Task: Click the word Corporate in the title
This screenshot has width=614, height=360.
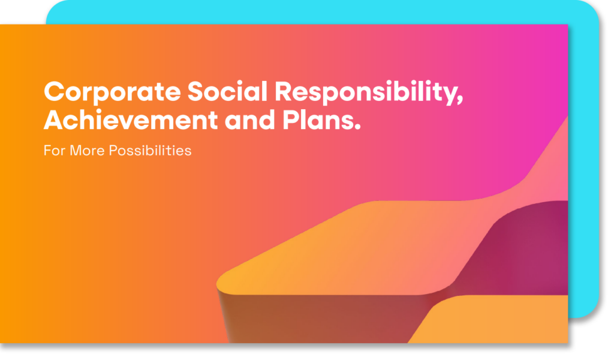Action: (112, 93)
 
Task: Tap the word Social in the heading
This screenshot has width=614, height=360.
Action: (227, 91)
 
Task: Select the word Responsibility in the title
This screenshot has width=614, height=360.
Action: (366, 93)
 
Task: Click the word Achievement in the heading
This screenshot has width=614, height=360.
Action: (131, 119)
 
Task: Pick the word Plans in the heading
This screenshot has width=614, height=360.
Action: (318, 119)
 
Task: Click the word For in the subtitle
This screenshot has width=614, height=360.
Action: (54, 151)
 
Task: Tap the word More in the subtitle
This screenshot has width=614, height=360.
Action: (87, 151)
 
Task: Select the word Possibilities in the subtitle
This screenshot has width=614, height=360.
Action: (150, 151)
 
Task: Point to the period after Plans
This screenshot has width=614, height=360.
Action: (357, 127)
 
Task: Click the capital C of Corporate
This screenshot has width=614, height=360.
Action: (54, 91)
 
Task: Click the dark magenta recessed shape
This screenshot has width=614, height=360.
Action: (525, 251)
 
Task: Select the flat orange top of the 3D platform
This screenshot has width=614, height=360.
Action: (353, 247)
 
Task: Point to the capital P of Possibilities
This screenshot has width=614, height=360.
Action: (113, 151)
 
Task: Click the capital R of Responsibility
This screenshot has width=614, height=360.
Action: (284, 91)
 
